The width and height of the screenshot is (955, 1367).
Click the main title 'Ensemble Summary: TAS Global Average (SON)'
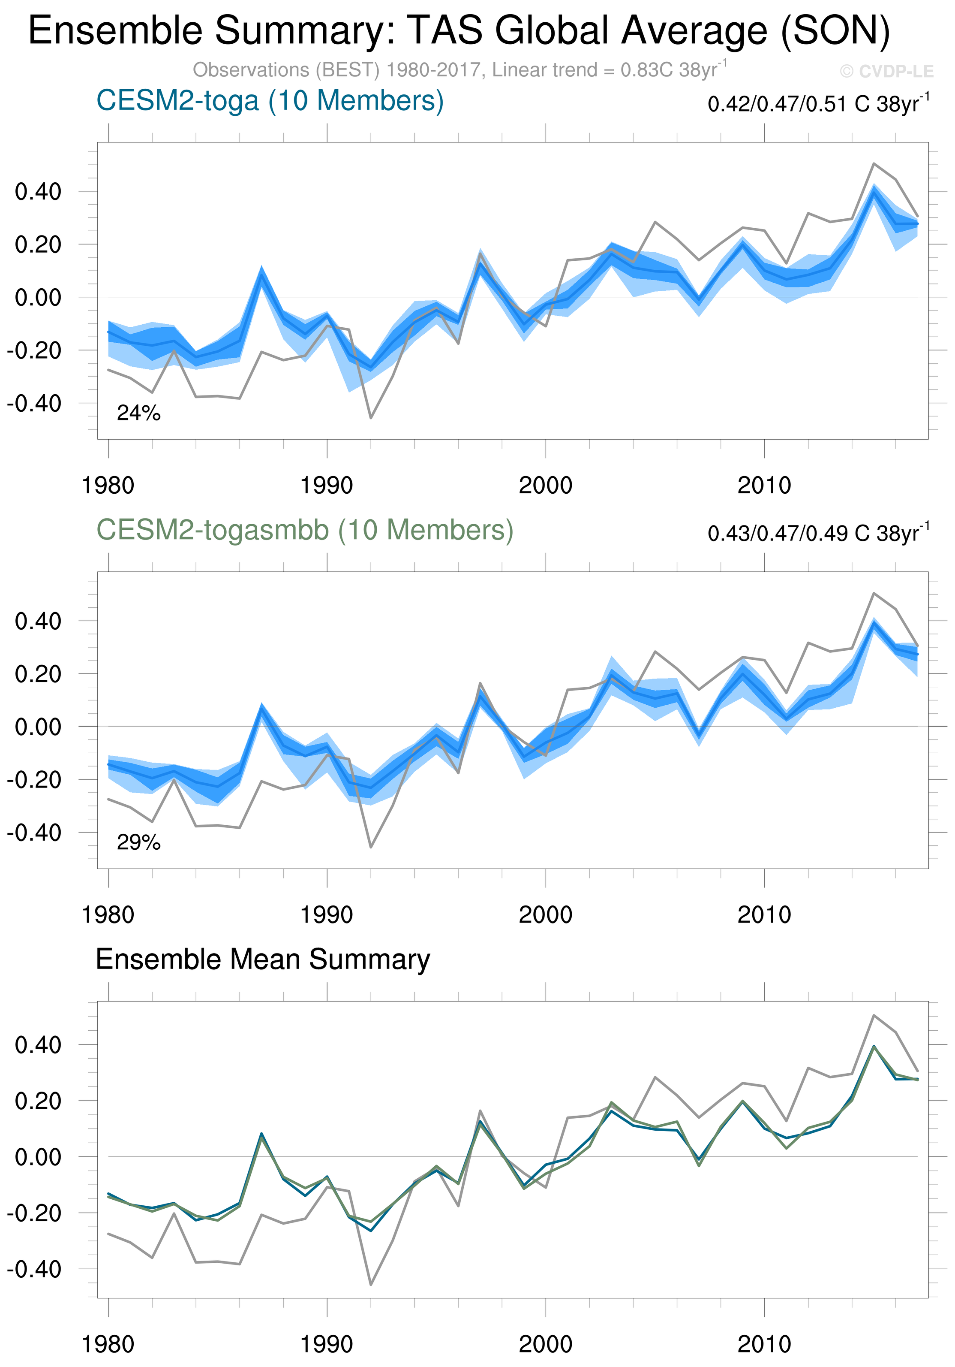(x=459, y=31)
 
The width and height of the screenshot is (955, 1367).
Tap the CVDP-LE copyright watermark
(x=886, y=72)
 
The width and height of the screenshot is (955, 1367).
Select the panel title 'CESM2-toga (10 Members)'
(x=270, y=101)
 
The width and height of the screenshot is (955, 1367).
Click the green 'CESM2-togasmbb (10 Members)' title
(x=305, y=530)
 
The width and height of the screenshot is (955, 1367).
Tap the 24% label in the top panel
(x=138, y=413)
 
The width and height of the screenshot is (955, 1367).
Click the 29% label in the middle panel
(x=138, y=842)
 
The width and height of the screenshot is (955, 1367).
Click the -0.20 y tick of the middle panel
(x=34, y=780)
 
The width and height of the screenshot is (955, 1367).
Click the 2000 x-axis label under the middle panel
(x=545, y=915)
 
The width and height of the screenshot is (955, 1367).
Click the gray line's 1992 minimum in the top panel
(x=371, y=418)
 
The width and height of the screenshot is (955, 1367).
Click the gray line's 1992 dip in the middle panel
(x=371, y=847)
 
